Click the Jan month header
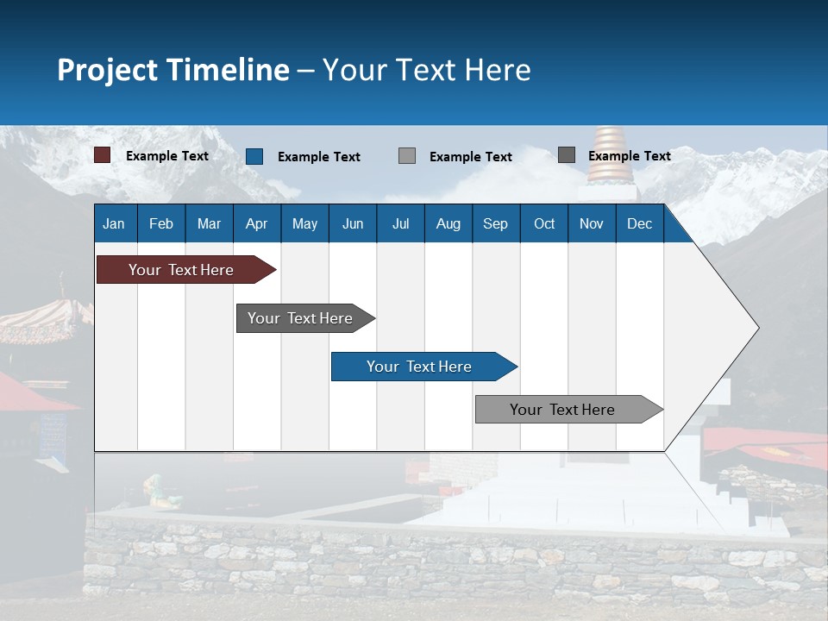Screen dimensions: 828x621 pos(114,224)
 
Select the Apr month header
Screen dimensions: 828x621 pos(257,224)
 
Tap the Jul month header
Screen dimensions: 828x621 pos(401,224)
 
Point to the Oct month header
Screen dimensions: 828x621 pos(544,224)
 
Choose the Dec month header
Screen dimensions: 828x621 pos(639,224)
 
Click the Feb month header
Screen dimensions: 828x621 pos(161,224)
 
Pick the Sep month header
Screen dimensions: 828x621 pos(495,224)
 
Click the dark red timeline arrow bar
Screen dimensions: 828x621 pos(186,270)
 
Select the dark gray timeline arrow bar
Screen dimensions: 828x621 pos(306,318)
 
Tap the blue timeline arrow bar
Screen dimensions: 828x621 pos(424,367)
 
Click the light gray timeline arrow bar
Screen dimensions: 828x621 pos(569,409)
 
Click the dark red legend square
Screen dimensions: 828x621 pos(102,155)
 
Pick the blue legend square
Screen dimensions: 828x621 pos(254,156)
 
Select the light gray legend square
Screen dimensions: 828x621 pos(407,156)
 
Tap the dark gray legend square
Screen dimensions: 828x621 pos(567,154)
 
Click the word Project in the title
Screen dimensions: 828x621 pos(107,71)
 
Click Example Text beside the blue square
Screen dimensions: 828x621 pos(319,157)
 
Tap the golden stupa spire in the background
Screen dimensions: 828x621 pos(611,155)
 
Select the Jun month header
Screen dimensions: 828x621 pos(353,224)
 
